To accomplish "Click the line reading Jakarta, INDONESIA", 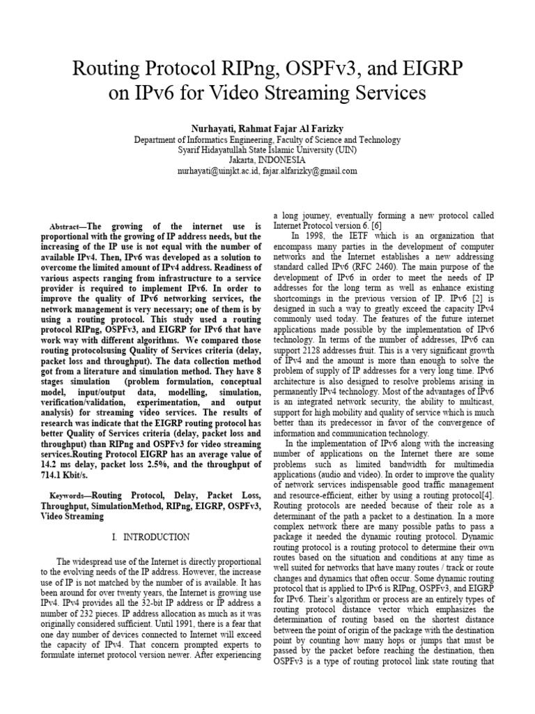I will [267, 160].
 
